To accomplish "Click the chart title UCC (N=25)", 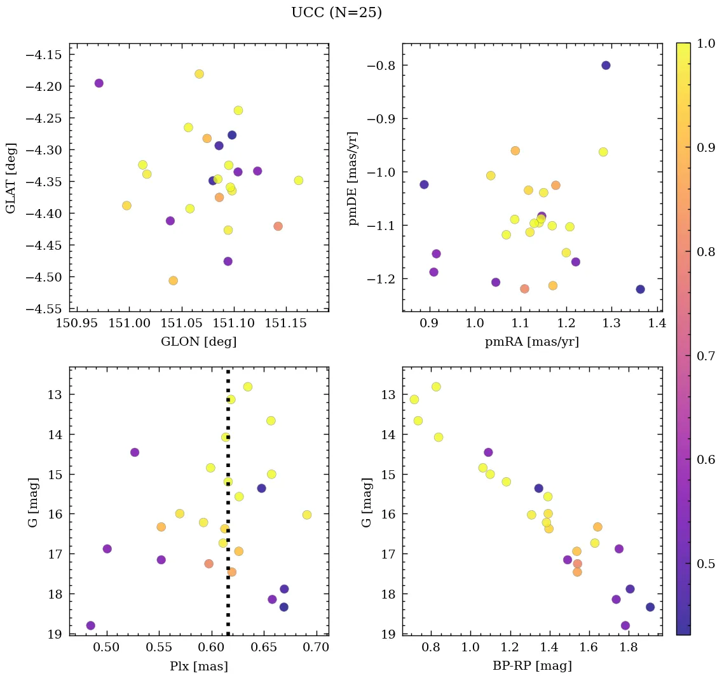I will (336, 13).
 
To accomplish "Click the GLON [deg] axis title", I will (199, 342).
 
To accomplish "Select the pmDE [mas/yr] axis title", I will (354, 179).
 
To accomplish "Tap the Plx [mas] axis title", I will (199, 666).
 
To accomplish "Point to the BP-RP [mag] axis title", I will (532, 666).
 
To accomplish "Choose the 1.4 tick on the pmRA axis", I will (657, 324).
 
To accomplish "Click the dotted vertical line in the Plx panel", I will (228, 483).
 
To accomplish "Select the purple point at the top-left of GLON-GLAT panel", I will (99, 83).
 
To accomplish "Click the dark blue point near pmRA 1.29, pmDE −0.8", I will (606, 65).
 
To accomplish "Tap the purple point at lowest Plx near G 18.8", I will (90, 625).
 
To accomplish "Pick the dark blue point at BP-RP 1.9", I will (650, 607).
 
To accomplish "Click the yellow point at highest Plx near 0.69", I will (307, 515).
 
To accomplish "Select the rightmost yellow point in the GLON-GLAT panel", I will (299, 180).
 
